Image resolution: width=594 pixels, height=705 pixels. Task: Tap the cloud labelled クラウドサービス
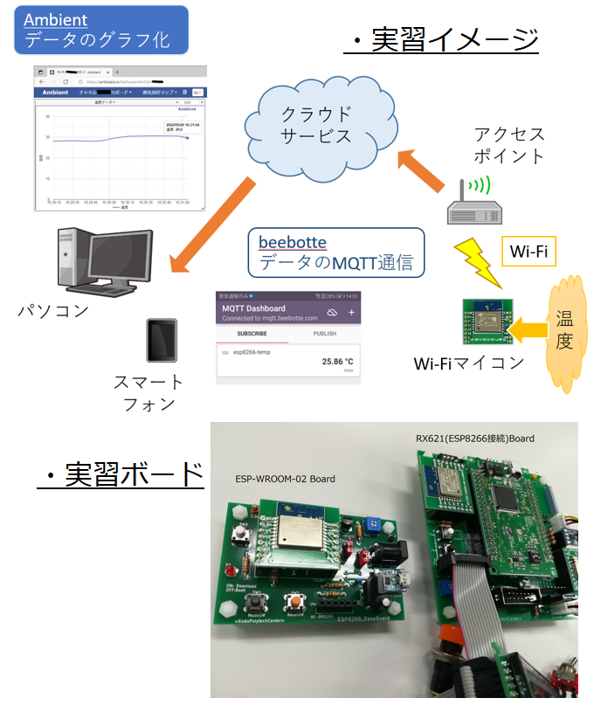[x=316, y=125]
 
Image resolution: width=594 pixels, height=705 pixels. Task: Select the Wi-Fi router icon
[x=473, y=208]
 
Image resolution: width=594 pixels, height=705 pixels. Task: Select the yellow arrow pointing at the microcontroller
[x=528, y=329]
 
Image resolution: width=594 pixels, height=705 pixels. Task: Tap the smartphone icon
[x=162, y=341]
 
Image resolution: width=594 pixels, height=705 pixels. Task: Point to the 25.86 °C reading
[x=336, y=360]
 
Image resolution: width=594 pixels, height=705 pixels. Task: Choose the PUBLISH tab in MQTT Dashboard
[x=324, y=334]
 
